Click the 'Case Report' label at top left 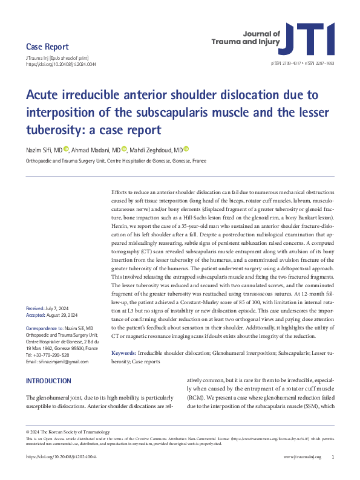coord(47,47)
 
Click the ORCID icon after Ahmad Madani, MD coord(124,149)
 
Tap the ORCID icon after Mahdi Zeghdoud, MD coord(186,149)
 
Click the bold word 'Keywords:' coord(124,351)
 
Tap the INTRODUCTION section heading coord(48,381)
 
